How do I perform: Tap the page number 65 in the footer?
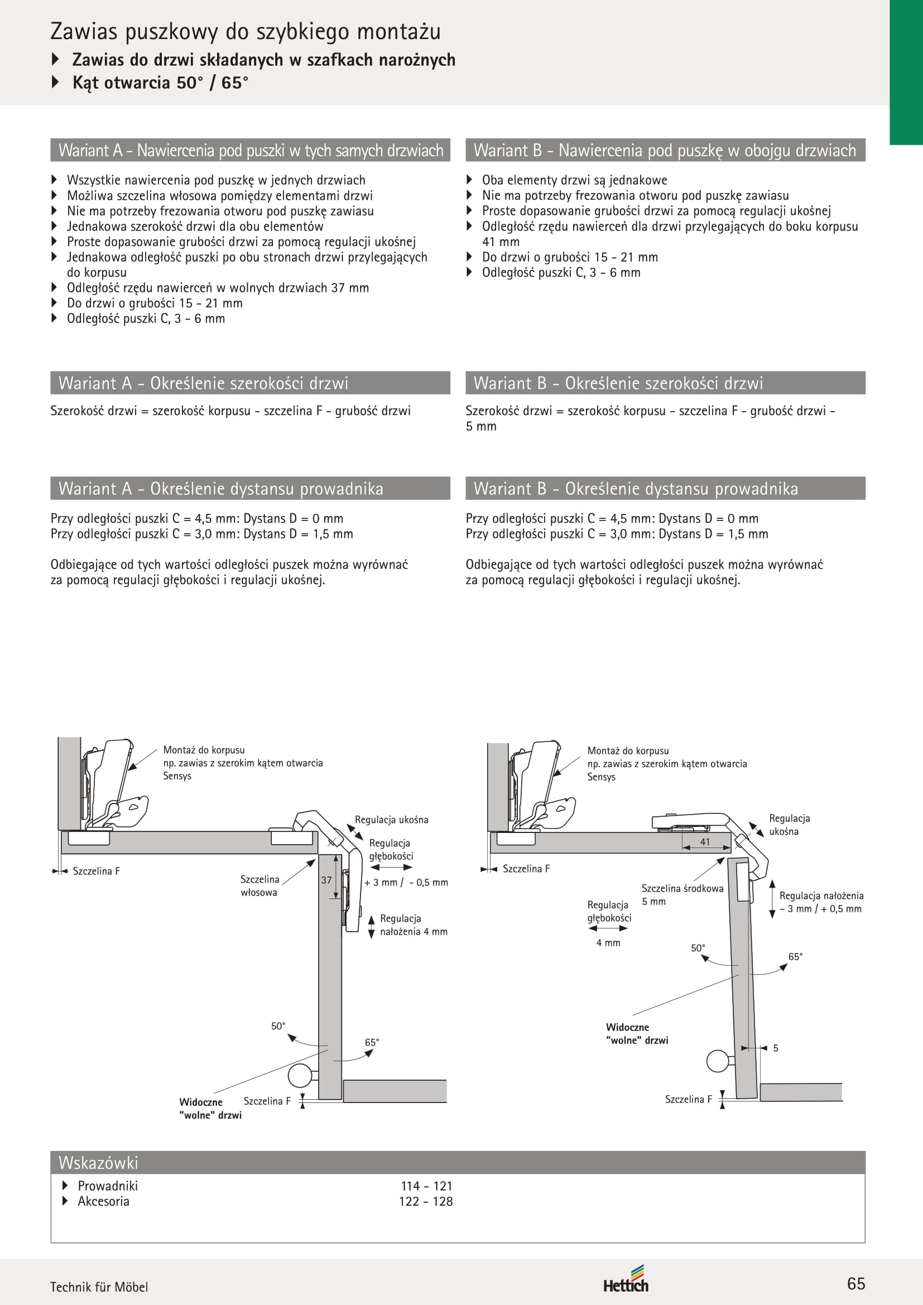pyautogui.click(x=856, y=1283)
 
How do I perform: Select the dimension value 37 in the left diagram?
pyautogui.click(x=326, y=880)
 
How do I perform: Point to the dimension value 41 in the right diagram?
pyautogui.click(x=705, y=842)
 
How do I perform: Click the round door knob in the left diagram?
pyautogui.click(x=300, y=1075)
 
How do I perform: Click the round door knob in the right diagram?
pyautogui.click(x=718, y=1061)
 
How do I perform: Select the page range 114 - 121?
pyautogui.click(x=426, y=1186)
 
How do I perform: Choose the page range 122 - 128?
pyautogui.click(x=426, y=1202)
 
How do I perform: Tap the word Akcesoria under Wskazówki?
pyautogui.click(x=103, y=1202)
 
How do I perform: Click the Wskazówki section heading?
pyautogui.click(x=98, y=1163)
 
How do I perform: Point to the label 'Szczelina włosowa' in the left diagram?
pyautogui.click(x=259, y=885)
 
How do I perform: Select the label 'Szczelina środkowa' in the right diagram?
pyautogui.click(x=682, y=888)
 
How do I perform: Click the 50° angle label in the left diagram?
pyautogui.click(x=278, y=1026)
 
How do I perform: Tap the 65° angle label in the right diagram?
pyautogui.click(x=796, y=957)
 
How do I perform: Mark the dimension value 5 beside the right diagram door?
pyautogui.click(x=776, y=1048)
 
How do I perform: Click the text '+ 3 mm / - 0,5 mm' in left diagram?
pyautogui.click(x=406, y=883)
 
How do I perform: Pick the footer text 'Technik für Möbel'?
pyautogui.click(x=99, y=1287)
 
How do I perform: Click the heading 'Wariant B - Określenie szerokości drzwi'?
pyautogui.click(x=618, y=383)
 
